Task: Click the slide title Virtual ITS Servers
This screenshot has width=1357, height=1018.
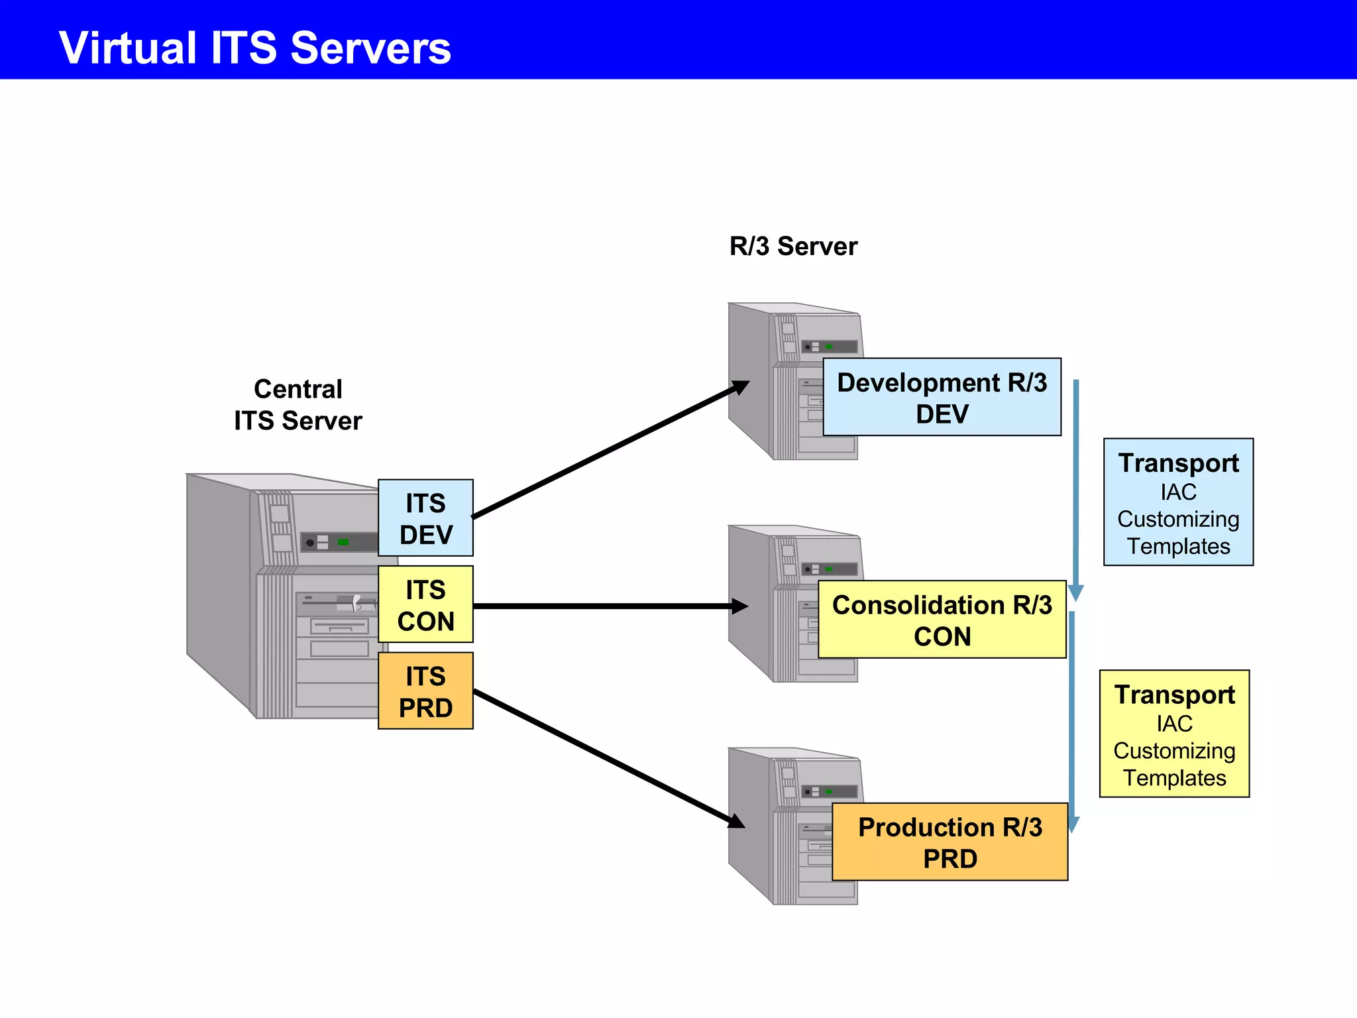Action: [x=255, y=48]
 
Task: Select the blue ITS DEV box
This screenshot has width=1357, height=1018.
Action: [x=425, y=518]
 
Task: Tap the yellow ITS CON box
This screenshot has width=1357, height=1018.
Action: [x=425, y=604]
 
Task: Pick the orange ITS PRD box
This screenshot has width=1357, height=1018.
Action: [x=425, y=691]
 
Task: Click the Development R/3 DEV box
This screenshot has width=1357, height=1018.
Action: [x=942, y=398]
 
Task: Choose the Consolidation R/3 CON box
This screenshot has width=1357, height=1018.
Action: [x=942, y=620]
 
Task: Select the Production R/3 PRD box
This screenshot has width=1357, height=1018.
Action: [x=950, y=842]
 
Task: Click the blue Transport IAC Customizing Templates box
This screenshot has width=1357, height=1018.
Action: [x=1178, y=502]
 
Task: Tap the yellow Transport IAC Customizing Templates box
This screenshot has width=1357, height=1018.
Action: [x=1174, y=734]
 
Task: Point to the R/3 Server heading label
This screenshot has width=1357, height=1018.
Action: [x=793, y=247]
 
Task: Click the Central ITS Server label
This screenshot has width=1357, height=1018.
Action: [x=298, y=405]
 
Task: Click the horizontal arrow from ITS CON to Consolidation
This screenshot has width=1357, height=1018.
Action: [x=610, y=606]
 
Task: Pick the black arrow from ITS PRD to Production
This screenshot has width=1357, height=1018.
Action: [x=610, y=759]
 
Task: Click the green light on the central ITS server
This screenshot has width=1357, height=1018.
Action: [x=343, y=542]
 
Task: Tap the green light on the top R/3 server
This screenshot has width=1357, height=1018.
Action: [x=829, y=347]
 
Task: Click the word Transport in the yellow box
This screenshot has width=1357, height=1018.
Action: [x=1174, y=695]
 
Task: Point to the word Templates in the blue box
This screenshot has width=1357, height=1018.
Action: [x=1178, y=546]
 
